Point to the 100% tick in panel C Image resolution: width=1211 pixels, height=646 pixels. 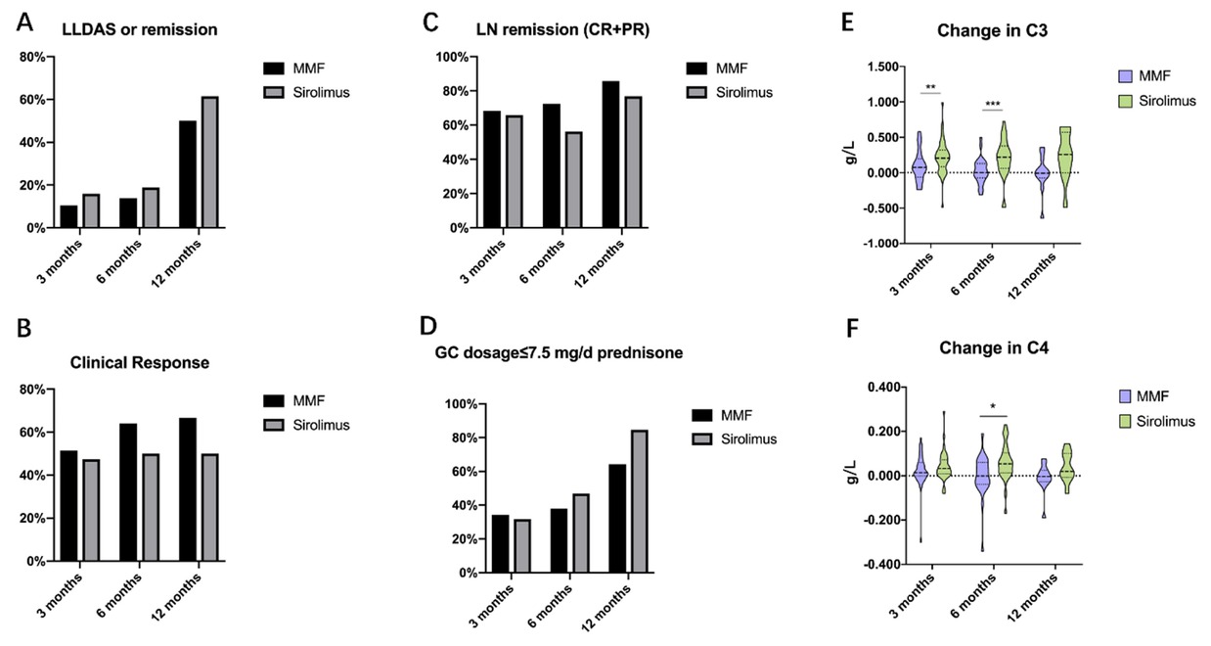click(415, 57)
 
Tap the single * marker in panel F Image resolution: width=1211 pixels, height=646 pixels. click(994, 405)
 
